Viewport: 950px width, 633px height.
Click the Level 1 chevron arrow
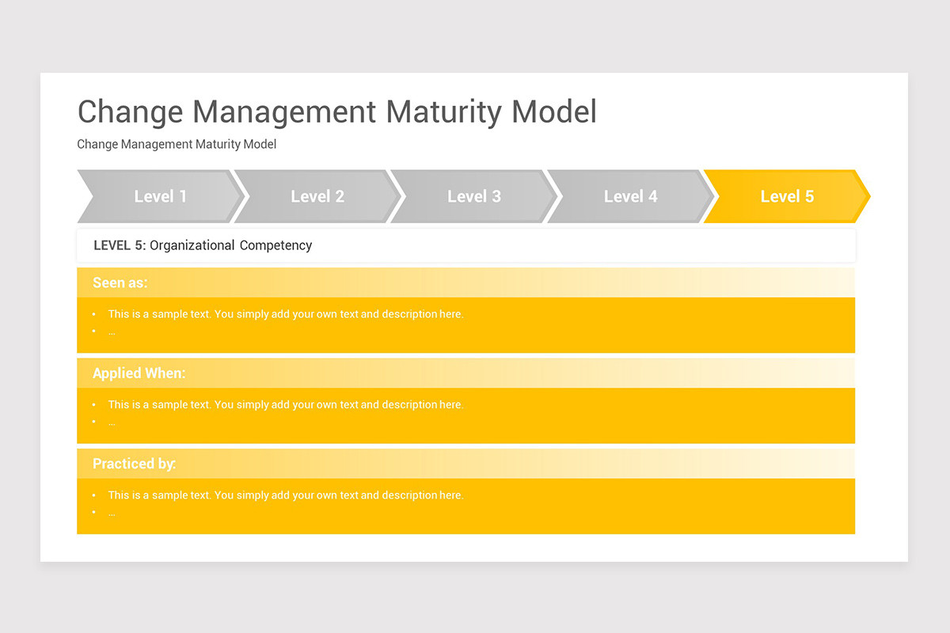(160, 196)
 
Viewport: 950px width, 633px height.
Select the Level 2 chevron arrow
(317, 196)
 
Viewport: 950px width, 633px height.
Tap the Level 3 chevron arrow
(473, 196)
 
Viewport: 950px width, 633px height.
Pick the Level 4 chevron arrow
(630, 196)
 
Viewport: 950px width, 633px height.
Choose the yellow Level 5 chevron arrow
(786, 196)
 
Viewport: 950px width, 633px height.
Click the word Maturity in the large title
(445, 112)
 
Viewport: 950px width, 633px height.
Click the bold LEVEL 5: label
(120, 245)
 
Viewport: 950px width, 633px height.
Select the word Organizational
(192, 245)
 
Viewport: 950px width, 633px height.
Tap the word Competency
(275, 245)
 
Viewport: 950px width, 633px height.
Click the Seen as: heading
(120, 282)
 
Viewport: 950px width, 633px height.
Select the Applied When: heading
(139, 373)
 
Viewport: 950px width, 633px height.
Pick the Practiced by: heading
(134, 464)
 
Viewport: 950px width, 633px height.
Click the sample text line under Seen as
(285, 314)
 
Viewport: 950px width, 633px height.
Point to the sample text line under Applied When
(285, 404)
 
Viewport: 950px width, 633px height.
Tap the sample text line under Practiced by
(285, 495)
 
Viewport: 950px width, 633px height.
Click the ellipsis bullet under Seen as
(112, 332)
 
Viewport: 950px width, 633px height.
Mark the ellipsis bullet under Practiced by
(112, 513)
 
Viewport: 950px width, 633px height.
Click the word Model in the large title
(554, 112)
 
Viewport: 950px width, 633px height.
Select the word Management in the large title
(286, 112)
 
